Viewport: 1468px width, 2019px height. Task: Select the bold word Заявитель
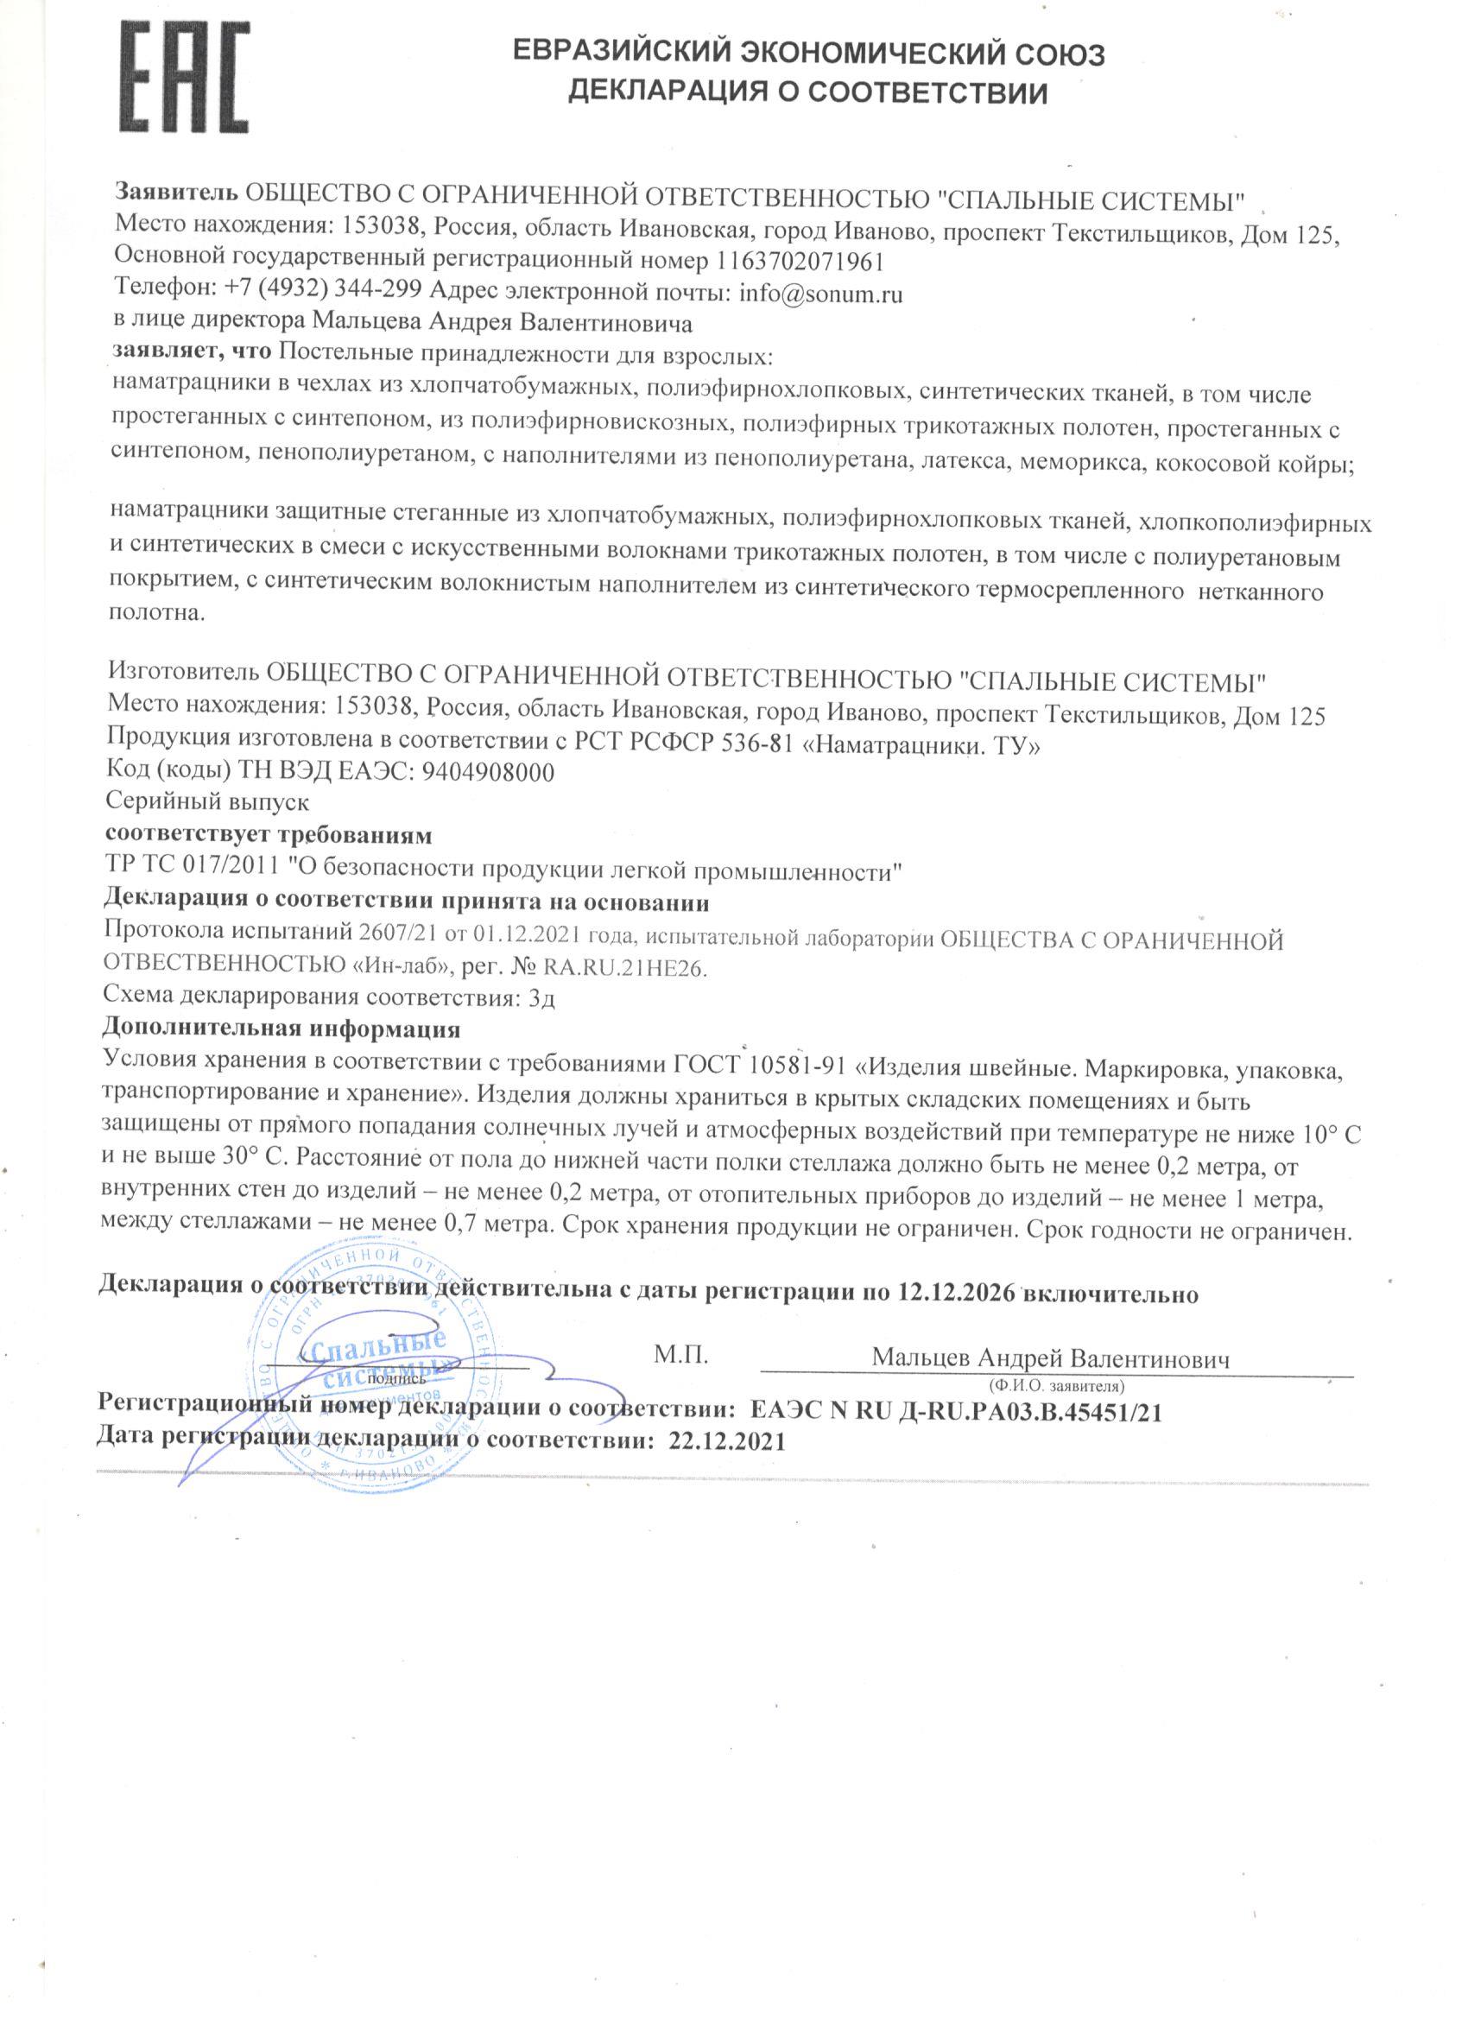click(x=176, y=193)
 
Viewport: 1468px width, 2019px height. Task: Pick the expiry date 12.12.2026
click(x=954, y=1294)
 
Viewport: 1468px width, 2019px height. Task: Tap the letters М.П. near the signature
click(x=681, y=1356)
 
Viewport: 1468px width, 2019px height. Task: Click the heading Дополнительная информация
click(x=282, y=1030)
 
